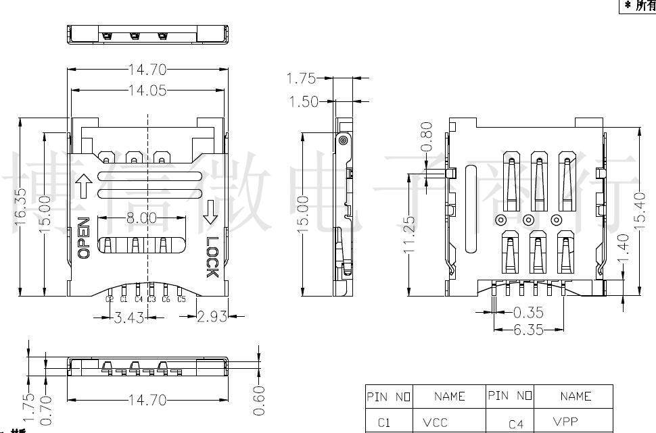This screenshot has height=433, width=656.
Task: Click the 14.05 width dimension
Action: tap(147, 91)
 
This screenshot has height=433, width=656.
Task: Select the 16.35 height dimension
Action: tap(21, 207)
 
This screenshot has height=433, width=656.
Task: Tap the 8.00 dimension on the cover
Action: tap(141, 218)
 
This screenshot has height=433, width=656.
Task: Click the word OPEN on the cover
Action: tap(84, 238)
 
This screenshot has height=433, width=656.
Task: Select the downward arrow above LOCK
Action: tap(210, 211)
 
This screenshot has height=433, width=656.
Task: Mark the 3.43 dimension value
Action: tap(128, 317)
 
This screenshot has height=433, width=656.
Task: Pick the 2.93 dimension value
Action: tap(212, 317)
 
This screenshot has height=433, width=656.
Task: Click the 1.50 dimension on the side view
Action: tap(304, 102)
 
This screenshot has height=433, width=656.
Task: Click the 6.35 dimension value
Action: tap(529, 330)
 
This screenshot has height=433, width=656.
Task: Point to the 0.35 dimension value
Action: tap(529, 313)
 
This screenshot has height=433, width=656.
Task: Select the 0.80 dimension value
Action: tap(427, 138)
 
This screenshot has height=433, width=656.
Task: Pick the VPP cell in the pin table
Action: tap(565, 422)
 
